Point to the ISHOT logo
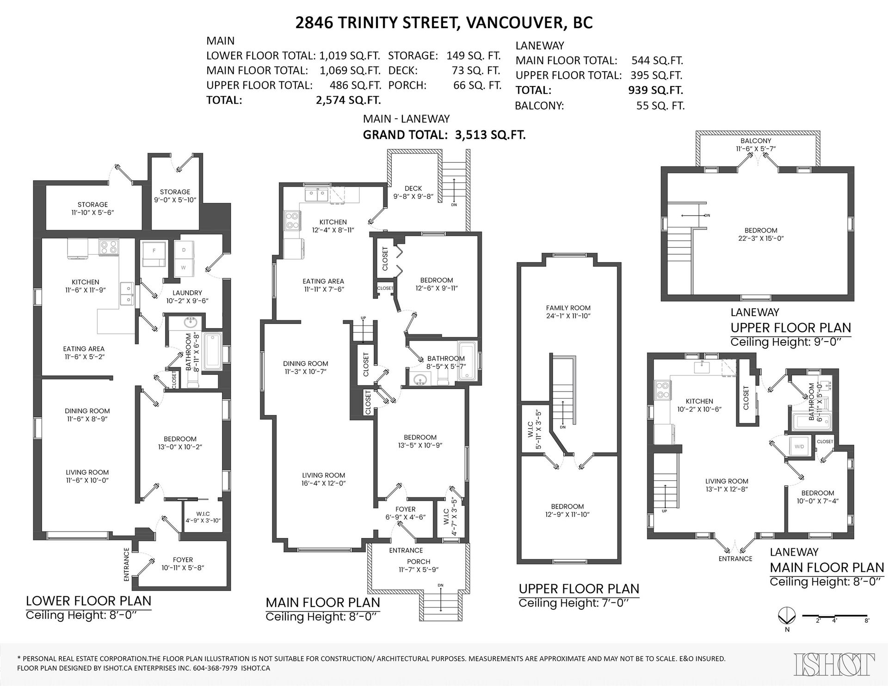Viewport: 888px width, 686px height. [x=834, y=664]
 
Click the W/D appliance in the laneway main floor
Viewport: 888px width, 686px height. [x=799, y=447]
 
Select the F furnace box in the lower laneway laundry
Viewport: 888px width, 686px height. [x=153, y=255]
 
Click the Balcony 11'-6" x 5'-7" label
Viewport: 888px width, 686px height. [x=756, y=145]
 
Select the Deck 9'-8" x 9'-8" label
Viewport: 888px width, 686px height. [x=413, y=192]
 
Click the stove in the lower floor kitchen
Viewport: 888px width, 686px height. [x=110, y=247]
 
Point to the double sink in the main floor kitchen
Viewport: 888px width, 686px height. [x=317, y=195]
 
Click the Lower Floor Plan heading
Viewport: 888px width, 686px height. [x=88, y=600]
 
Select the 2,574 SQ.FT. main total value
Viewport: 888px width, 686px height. [x=348, y=100]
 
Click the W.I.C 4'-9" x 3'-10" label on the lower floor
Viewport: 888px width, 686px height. [x=203, y=517]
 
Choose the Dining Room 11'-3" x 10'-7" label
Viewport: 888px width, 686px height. [x=306, y=367]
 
